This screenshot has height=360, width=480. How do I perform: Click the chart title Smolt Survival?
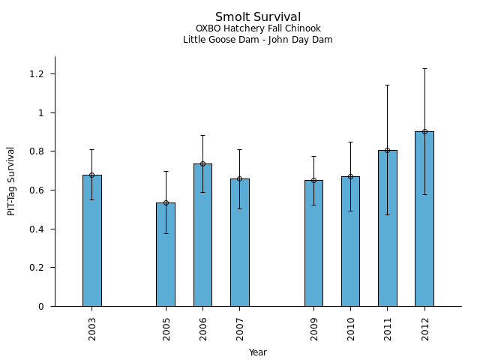pos(258,17)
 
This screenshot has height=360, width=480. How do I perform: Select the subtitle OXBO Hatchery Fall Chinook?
pos(258,29)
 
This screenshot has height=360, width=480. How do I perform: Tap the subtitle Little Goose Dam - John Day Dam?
pos(258,40)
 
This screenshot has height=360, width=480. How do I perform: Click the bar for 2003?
pos(92,240)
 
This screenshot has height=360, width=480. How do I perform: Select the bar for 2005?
pos(166,254)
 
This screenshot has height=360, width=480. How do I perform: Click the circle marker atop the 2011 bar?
pos(388,150)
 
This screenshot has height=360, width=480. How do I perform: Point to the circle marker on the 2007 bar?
pos(240,178)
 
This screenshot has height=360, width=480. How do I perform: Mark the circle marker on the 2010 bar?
pos(350,176)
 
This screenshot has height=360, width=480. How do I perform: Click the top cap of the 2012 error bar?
pos(424,68)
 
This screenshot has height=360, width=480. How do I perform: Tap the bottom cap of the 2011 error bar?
pos(388,214)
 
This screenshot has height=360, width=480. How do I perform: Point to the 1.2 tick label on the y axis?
pos(37,74)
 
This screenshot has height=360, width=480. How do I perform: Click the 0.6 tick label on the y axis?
pos(37,190)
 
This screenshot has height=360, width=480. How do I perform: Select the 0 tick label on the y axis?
pos(42,307)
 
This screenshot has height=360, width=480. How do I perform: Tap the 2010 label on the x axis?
pos(351,328)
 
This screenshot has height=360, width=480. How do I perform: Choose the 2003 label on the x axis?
pos(92,328)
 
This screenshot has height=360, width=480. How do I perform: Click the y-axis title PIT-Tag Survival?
pos(11,181)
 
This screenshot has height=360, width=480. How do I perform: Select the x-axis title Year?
pos(258,352)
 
